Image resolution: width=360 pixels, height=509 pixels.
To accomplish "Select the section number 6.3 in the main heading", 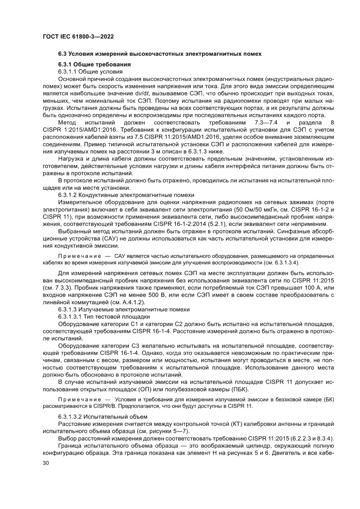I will click(64, 54).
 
